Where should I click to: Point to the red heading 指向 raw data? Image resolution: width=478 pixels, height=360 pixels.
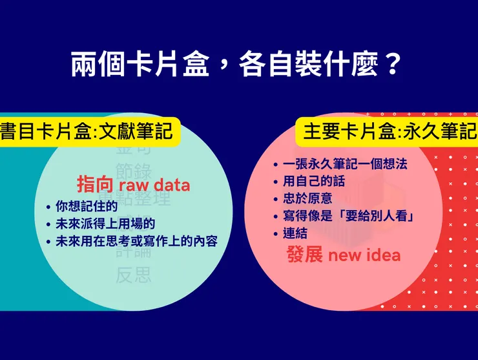pyautogui.click(x=134, y=185)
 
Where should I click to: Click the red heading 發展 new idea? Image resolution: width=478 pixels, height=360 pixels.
pyautogui.click(x=343, y=255)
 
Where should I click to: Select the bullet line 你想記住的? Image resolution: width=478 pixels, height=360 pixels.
pyautogui.click(x=86, y=207)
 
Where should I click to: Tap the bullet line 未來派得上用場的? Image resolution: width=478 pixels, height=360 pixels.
pyautogui.click(x=105, y=224)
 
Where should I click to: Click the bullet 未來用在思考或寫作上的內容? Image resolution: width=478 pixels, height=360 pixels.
pyautogui.click(x=136, y=241)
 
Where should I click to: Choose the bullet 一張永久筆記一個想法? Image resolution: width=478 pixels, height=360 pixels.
pyautogui.click(x=344, y=164)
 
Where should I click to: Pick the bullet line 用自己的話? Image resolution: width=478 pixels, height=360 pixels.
pyautogui.click(x=313, y=182)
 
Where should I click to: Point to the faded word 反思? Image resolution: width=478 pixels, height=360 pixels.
pyautogui.click(x=134, y=275)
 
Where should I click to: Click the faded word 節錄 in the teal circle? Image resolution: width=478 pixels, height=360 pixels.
pyautogui.click(x=134, y=171)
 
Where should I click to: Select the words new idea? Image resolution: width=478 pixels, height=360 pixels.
pyautogui.click(x=364, y=255)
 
